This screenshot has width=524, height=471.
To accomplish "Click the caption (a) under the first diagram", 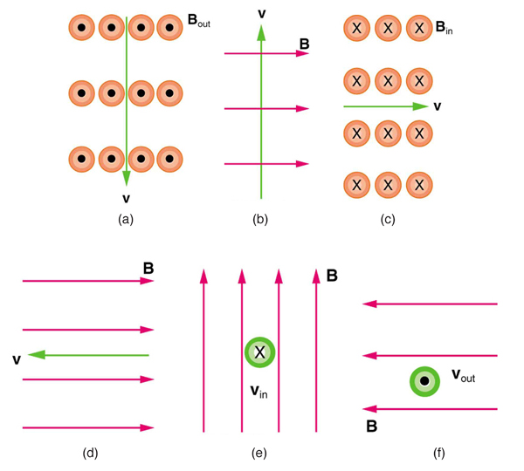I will coord(126,220).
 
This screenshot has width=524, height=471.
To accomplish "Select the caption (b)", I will coord(259,220).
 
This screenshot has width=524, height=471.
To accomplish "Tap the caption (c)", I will coord(388,220).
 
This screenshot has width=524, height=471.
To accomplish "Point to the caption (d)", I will coord(89,452).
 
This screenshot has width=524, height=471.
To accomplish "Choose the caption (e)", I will coord(259,452).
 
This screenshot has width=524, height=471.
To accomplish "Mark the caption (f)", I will coord(438,452).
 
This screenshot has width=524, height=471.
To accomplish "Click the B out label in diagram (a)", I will coord(198,19).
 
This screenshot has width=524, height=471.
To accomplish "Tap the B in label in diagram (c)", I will coord(444,28).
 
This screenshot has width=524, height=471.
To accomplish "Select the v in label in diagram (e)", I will coord(259,392).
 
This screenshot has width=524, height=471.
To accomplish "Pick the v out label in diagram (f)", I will coord(462,376).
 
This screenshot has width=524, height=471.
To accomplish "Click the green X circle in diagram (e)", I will coord(259,352).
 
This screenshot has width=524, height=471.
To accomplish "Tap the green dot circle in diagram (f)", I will coord(424,381).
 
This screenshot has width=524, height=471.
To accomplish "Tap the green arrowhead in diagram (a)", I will coord(127,178).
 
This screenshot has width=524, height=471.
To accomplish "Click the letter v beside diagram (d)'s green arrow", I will coord(17,358).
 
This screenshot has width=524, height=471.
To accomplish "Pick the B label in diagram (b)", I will coord(304,43).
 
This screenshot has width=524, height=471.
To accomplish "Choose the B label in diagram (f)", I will coord(371,427).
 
